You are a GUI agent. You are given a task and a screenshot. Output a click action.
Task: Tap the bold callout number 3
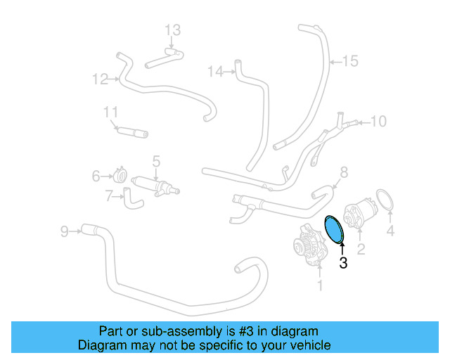point(342,264)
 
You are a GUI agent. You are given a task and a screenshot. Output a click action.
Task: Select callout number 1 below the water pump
point(320,285)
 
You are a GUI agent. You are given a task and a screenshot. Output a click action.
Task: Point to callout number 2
point(361,249)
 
